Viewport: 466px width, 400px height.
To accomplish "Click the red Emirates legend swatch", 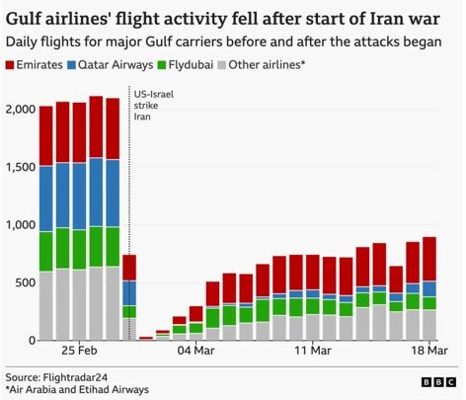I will coord(11,65).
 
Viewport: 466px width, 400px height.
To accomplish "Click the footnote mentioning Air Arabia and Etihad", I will coord(77,390).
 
